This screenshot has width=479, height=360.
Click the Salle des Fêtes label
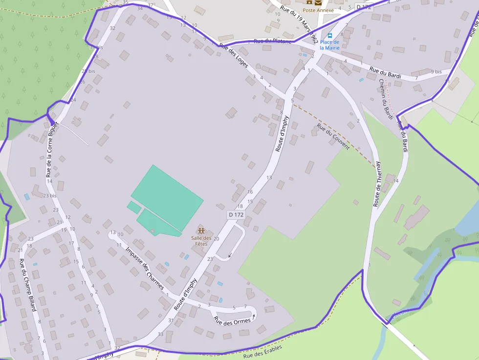pyautogui.click(x=199, y=241)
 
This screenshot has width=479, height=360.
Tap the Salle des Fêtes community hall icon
pyautogui.click(x=200, y=230)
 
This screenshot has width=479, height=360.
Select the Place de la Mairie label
pyautogui.click(x=329, y=45)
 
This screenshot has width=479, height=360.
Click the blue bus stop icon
pyautogui.click(x=330, y=36)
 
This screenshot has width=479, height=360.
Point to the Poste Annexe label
pyautogui.click(x=318, y=10)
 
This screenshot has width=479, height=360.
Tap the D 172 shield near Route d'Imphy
pyautogui.click(x=236, y=214)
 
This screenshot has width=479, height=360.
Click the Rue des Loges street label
pyautogui.click(x=234, y=55)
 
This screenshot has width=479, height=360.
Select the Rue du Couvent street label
pyautogui.click(x=333, y=136)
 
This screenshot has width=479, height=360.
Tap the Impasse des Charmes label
pyautogui.click(x=144, y=268)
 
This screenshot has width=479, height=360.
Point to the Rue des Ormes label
pyautogui.click(x=232, y=321)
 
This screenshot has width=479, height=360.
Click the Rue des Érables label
pyautogui.click(x=262, y=351)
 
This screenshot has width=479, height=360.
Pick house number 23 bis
pyautogui.click(x=49, y=196)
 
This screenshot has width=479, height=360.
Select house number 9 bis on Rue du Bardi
pyautogui.click(x=436, y=72)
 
